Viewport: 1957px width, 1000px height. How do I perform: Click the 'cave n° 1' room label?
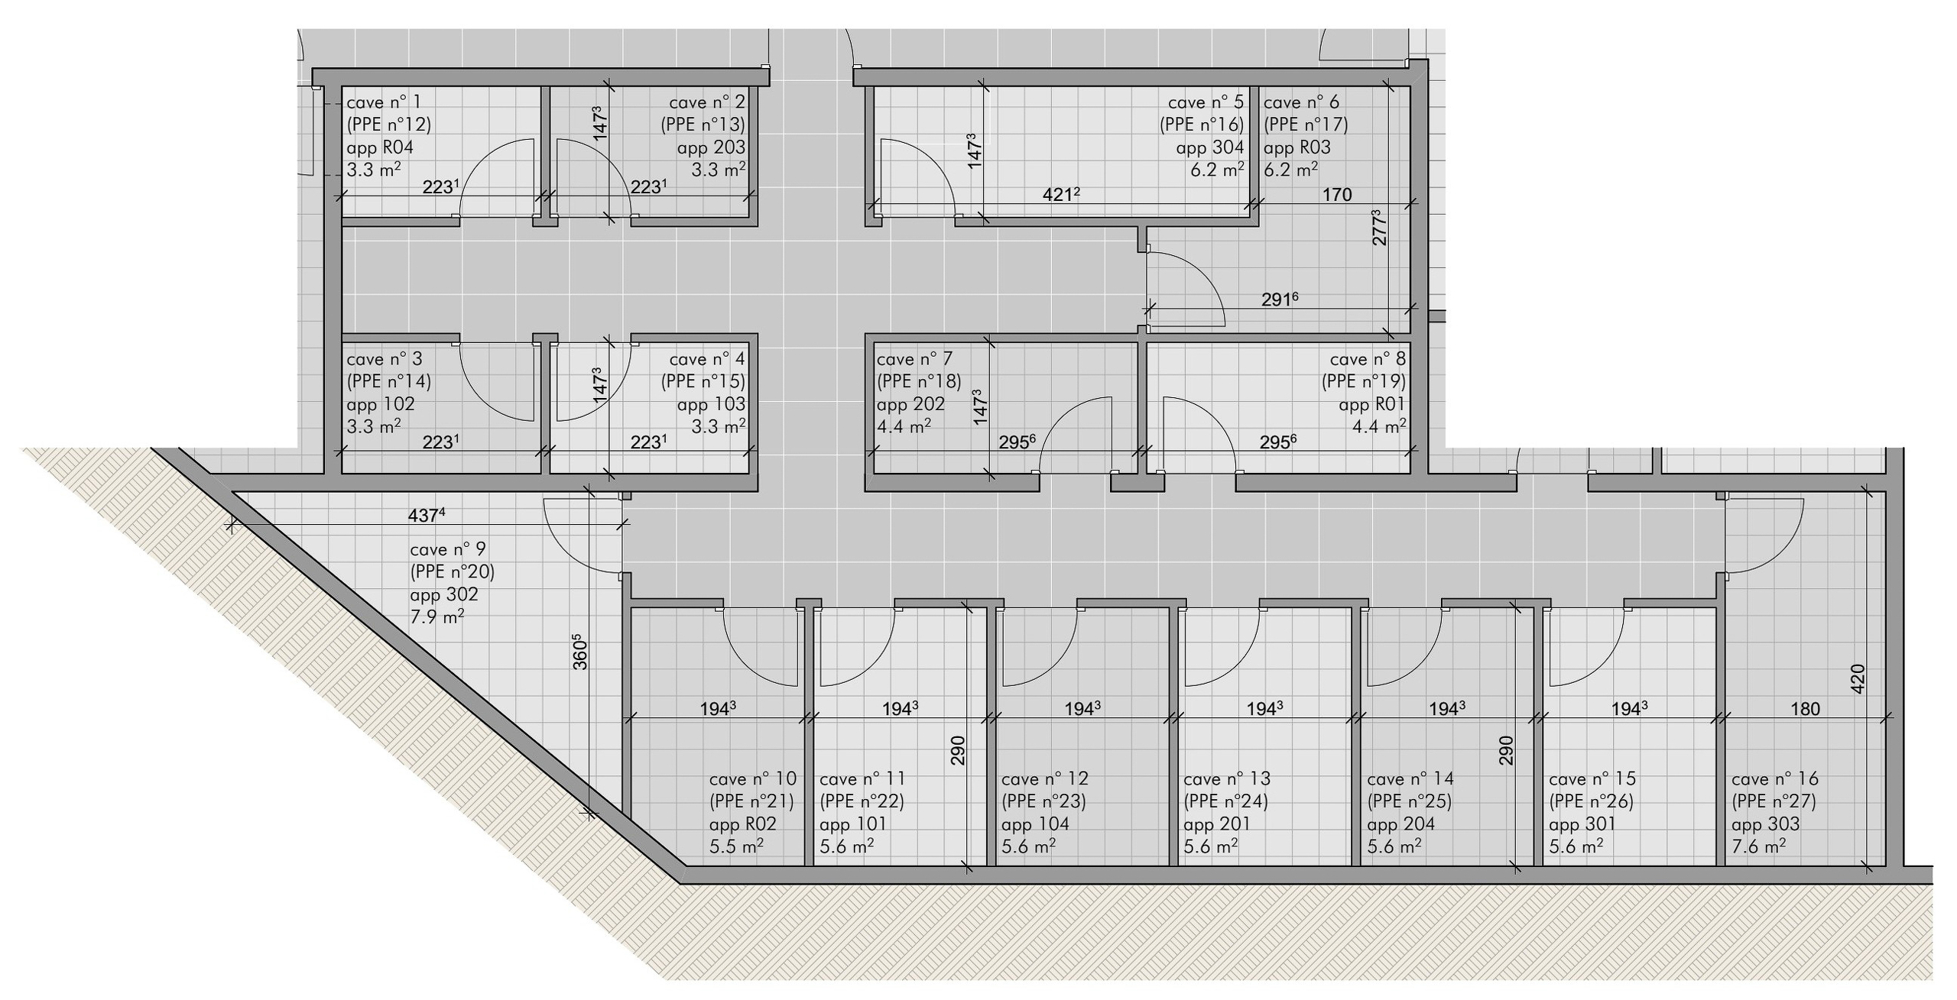[383, 102]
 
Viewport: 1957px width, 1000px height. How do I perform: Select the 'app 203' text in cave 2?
[711, 147]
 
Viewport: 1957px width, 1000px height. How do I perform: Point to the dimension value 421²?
[1061, 195]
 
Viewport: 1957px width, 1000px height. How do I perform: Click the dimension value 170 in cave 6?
[1337, 195]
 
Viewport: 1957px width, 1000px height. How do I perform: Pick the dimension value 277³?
[1380, 227]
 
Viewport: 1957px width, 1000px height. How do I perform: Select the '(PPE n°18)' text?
[919, 381]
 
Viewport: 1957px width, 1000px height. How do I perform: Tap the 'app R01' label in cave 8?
[1372, 404]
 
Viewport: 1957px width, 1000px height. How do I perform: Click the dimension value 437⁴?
[426, 515]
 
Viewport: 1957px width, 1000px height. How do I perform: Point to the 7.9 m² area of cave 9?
[437, 617]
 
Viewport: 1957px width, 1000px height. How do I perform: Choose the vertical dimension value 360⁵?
[580, 652]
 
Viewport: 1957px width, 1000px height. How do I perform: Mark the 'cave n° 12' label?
[1045, 779]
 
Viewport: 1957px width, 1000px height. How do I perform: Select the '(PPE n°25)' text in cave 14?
[1409, 801]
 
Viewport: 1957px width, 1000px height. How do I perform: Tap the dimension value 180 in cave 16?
[1806, 709]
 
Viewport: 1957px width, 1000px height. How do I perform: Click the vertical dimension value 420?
[1859, 679]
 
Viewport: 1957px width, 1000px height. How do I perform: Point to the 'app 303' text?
[1765, 824]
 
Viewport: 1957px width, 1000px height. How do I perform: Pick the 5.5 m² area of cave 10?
[736, 846]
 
